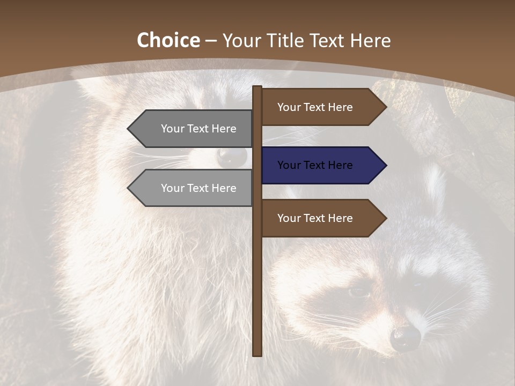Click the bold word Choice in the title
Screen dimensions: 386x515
(x=168, y=41)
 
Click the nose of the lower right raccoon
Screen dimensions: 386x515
(x=405, y=338)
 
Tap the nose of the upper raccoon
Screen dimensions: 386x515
(x=232, y=156)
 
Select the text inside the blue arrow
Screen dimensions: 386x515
(x=315, y=165)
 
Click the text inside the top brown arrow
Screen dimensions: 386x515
(x=315, y=107)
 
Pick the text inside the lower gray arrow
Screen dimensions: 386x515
(x=198, y=188)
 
